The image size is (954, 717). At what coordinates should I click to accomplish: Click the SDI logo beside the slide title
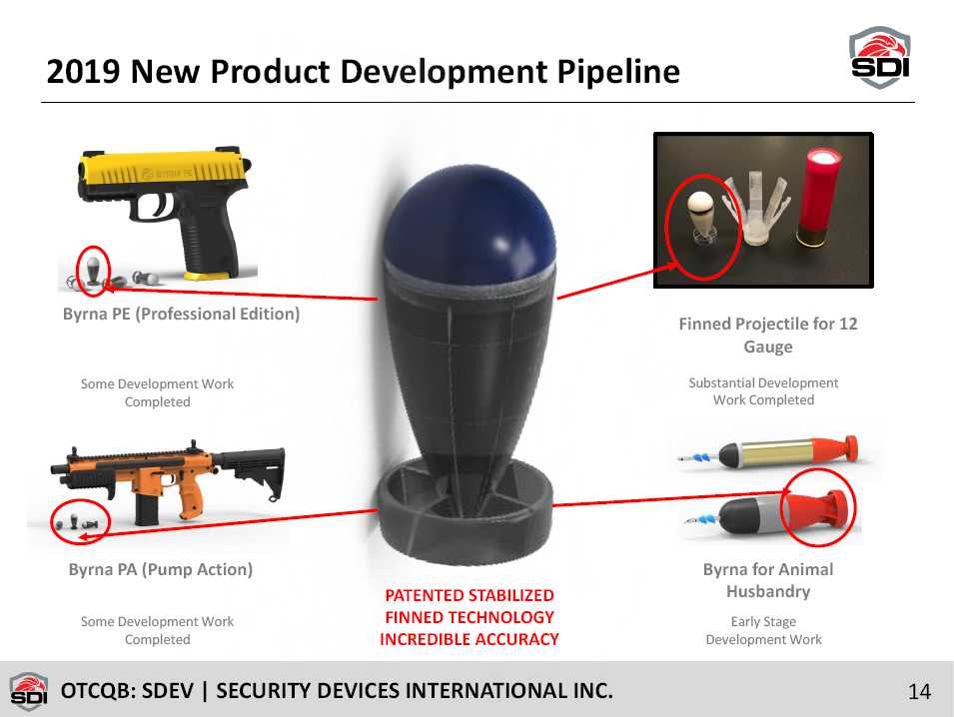tap(880, 57)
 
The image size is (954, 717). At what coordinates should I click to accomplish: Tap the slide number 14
tap(919, 691)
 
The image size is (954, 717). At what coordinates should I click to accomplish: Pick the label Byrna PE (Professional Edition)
tap(181, 314)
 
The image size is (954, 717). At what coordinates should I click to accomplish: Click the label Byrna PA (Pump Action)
tap(161, 570)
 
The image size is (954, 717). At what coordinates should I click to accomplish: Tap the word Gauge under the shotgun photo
tap(768, 348)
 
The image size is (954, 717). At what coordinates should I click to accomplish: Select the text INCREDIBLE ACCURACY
tap(470, 639)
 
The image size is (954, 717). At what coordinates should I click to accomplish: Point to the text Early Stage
tap(763, 621)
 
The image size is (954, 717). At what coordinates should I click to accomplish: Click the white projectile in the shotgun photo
tap(701, 219)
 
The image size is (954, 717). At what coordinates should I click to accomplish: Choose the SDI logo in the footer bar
tap(29, 691)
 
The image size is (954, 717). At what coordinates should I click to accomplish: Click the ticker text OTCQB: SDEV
tap(127, 691)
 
